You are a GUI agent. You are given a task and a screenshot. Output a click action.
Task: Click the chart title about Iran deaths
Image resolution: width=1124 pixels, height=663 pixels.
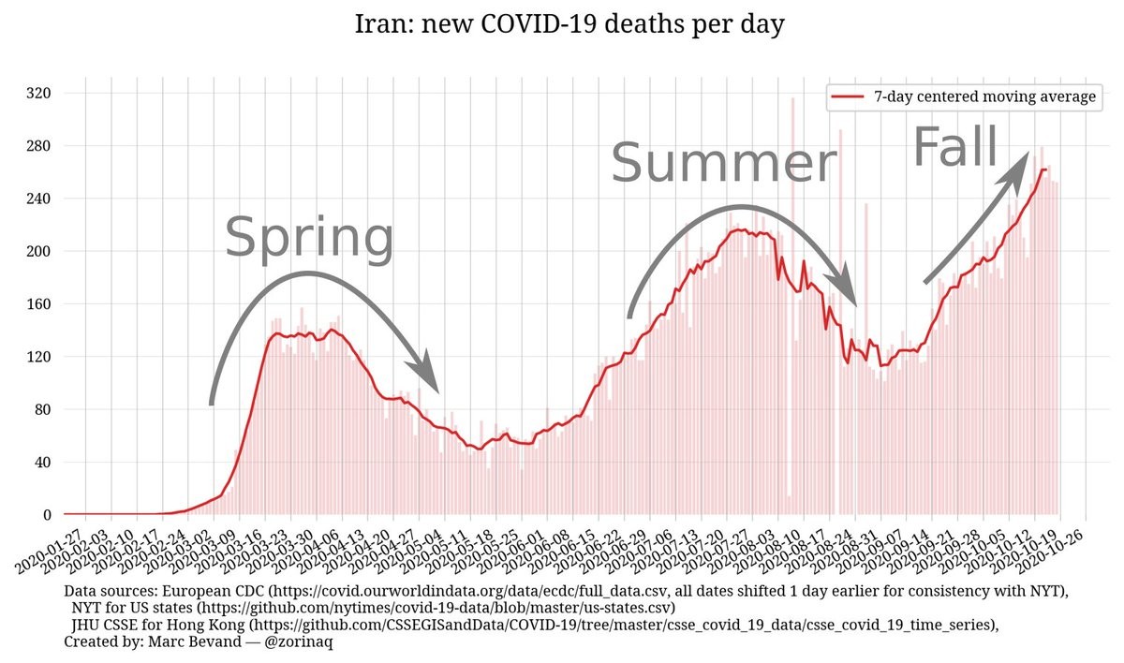(569, 23)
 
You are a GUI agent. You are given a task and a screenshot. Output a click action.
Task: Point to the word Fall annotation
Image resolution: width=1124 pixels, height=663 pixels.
(954, 148)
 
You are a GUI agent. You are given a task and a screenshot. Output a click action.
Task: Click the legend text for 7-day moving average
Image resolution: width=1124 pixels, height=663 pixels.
(984, 96)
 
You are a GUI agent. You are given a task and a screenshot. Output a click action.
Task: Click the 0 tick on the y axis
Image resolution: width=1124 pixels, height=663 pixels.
(45, 515)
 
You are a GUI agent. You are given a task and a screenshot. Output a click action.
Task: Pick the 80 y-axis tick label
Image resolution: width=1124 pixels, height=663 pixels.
(41, 410)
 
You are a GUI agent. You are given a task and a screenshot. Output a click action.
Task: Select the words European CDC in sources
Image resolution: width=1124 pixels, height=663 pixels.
(211, 592)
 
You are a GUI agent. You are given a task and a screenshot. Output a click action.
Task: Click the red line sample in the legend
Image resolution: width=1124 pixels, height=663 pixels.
(849, 96)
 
